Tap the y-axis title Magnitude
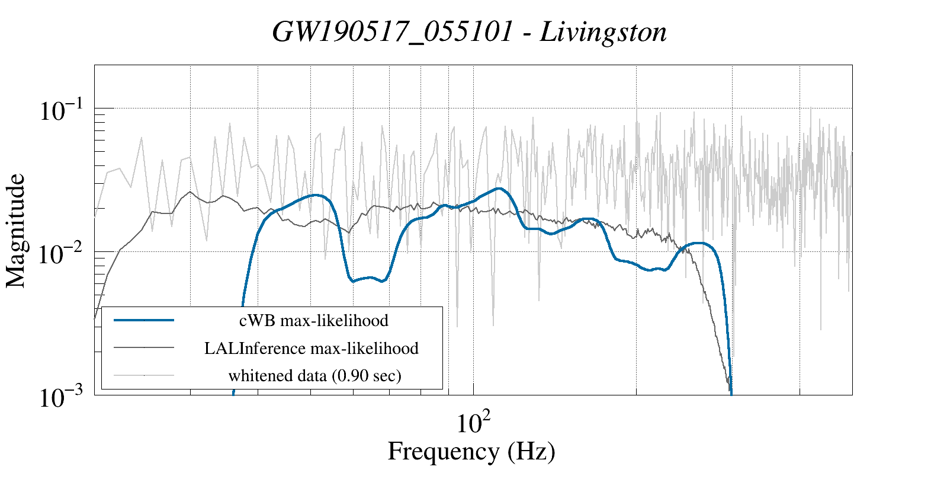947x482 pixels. click(16, 231)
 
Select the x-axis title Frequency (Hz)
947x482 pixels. click(471, 451)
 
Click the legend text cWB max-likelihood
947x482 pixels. click(314, 321)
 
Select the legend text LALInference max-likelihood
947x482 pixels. click(312, 348)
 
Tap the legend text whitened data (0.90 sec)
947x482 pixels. click(314, 375)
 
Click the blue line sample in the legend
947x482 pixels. click(144, 320)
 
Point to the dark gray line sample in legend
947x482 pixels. click(144, 347)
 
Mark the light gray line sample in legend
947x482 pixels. click(144, 375)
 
